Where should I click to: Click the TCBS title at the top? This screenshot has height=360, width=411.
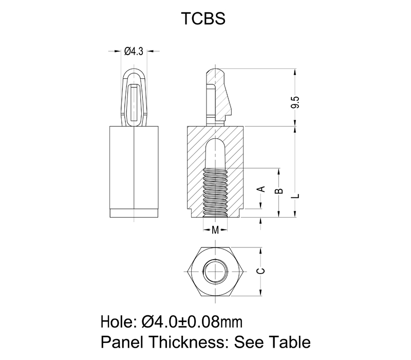pos(204,19)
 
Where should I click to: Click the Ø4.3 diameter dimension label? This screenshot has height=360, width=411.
pos(134,51)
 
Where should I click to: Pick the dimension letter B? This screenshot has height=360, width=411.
pos(279,192)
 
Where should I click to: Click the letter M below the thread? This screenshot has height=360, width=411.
pos(216,229)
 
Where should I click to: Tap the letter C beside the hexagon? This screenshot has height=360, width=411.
pos(261,271)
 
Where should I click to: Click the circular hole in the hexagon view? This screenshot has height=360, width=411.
pos(214,271)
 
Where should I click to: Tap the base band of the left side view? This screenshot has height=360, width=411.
pos(134,213)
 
